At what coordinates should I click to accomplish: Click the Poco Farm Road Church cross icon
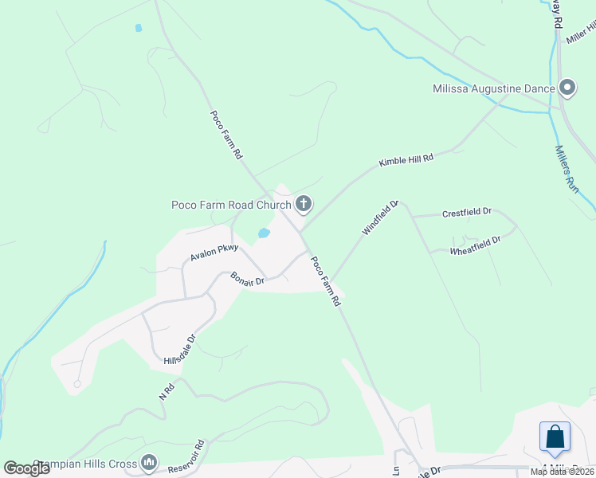[x=303, y=205]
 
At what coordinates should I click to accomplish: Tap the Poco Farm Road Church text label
[x=231, y=205]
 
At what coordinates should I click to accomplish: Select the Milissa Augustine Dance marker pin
[x=567, y=88]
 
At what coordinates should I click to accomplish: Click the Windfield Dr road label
[x=380, y=217]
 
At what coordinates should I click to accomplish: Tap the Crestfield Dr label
[x=467, y=213]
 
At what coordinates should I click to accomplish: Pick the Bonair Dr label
[x=247, y=278]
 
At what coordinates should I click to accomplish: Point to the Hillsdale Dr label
[x=180, y=350]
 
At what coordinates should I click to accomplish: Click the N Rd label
[x=167, y=390]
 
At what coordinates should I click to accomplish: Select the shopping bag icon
[x=555, y=437]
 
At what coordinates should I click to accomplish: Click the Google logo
[x=26, y=468]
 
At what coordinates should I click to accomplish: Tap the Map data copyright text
[x=563, y=472]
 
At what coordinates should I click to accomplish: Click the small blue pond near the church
[x=263, y=233]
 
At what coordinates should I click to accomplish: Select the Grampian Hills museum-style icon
[x=149, y=462]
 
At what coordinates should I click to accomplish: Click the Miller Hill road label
[x=581, y=33]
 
